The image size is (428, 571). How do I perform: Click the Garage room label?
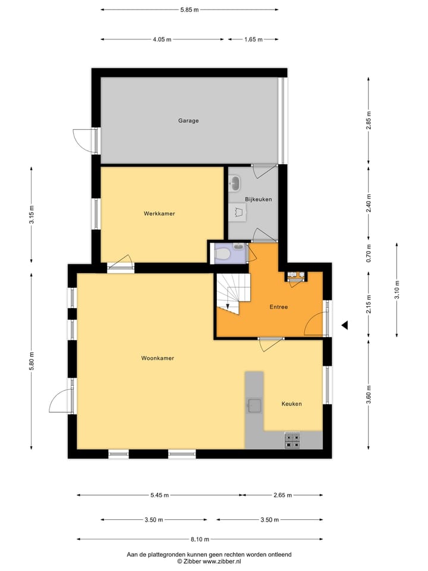coord(188,121)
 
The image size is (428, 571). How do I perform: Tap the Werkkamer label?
coord(159,214)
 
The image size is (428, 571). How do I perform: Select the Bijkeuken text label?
coord(258,199)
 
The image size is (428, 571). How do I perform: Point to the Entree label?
coord(278,307)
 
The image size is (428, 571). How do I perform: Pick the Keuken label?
coord(291,404)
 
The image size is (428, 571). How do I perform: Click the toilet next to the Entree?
coord(224,254)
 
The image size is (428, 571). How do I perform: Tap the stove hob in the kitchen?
coord(292,440)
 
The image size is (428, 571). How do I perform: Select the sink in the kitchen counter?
coord(254,406)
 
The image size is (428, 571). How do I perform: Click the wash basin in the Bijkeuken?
coord(235,181)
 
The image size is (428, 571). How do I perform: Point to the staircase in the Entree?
coord(232,292)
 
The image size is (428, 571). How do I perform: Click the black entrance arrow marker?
coord(344,325)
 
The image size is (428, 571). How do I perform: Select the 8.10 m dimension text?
coord(200,539)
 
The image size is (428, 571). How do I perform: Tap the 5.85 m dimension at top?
coord(189,10)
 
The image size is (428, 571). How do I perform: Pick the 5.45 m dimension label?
coord(159,495)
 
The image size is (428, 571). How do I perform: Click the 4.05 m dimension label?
coord(162,39)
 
